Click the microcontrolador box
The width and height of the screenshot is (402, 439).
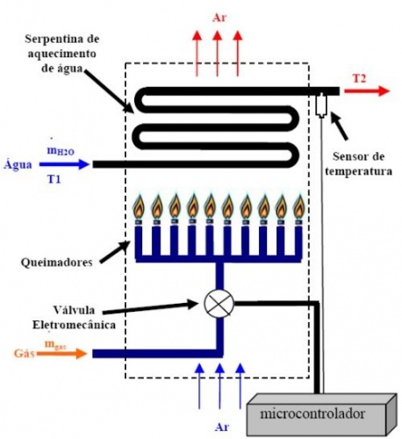pos(321,416)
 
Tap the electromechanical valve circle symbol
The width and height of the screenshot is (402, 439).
pos(219,303)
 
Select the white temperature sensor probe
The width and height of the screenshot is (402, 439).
pos(321,104)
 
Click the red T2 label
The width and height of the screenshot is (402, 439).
pos(359,78)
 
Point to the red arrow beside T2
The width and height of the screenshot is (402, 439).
pos(367,90)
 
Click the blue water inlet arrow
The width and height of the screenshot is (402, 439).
pos(64,164)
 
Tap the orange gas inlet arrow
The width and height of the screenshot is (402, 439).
pos(61,353)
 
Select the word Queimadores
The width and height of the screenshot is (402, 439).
pos(57,263)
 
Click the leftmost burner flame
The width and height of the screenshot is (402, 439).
pos(140,206)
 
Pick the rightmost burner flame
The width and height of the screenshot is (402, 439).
pos(298,206)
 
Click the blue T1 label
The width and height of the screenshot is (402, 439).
pos(54,178)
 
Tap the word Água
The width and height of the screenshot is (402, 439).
pos(18,164)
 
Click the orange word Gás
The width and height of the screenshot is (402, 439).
pos(25,353)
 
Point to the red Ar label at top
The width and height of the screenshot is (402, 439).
pos(219,18)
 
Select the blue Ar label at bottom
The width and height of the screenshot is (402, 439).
pos(221,428)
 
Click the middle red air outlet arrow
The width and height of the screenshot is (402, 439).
pos(217,54)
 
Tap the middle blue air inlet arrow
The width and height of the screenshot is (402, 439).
pos(219,386)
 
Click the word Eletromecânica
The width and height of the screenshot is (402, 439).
pos(74,325)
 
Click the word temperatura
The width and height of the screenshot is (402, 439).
pos(358,171)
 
